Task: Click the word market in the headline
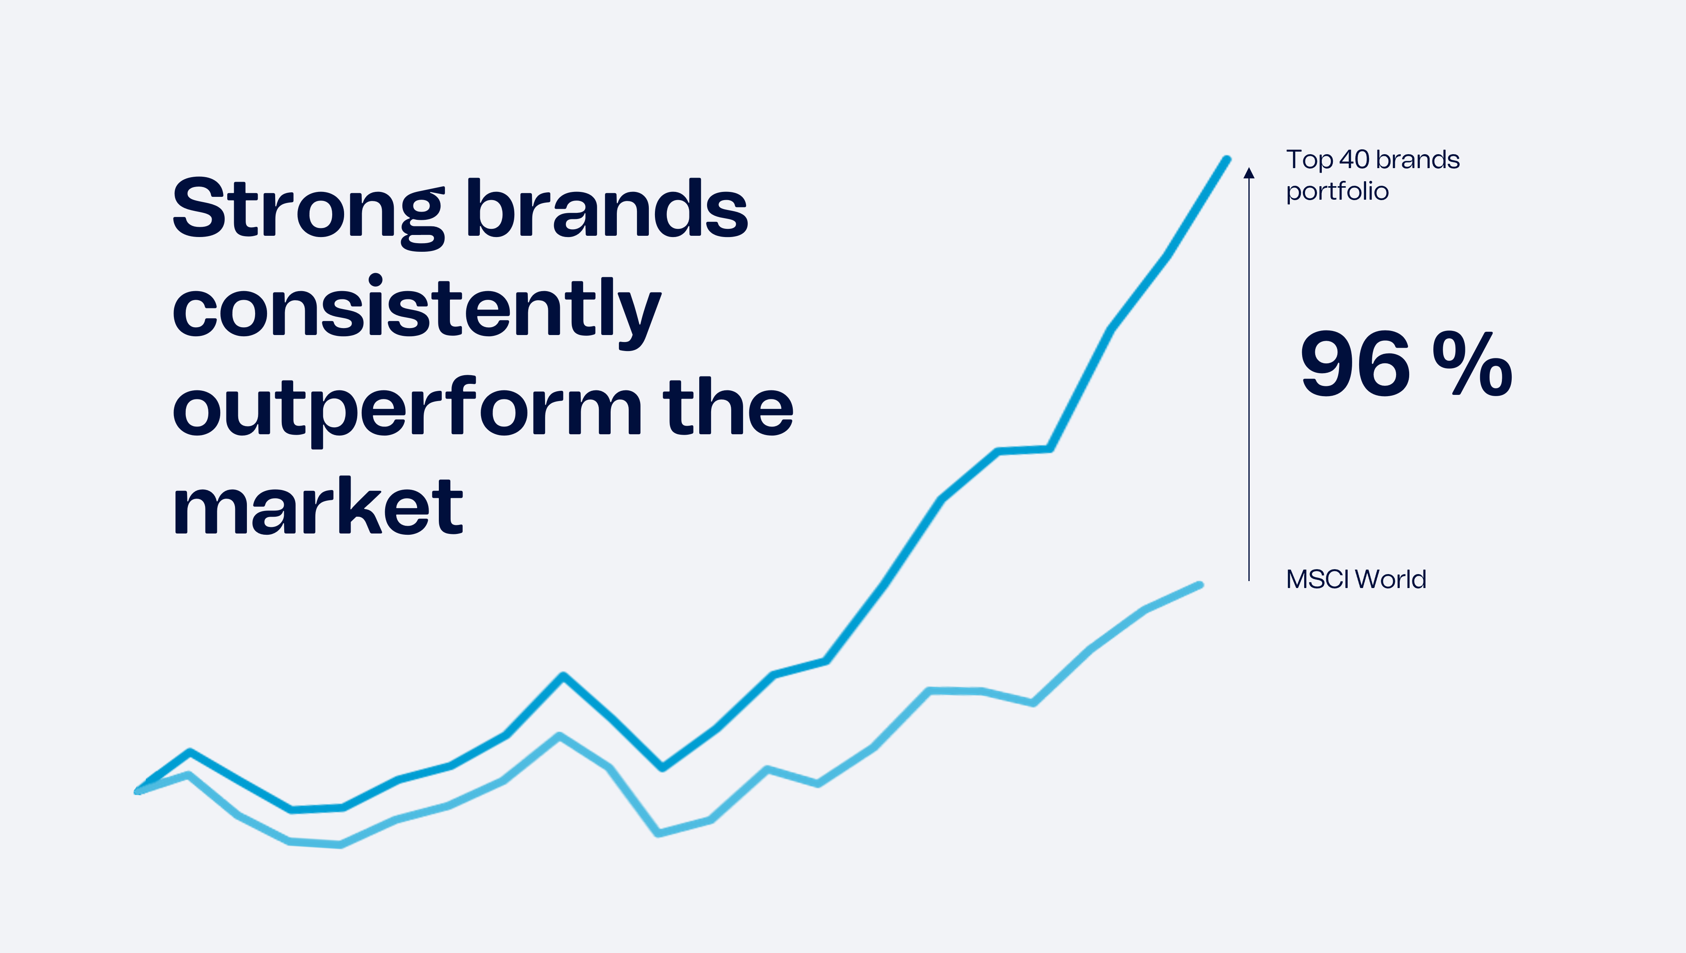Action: tap(318, 505)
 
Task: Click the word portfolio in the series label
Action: tap(1337, 192)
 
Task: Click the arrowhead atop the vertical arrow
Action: tap(1249, 173)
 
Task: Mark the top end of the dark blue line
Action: tap(1227, 159)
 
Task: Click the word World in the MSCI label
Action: tap(1391, 579)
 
